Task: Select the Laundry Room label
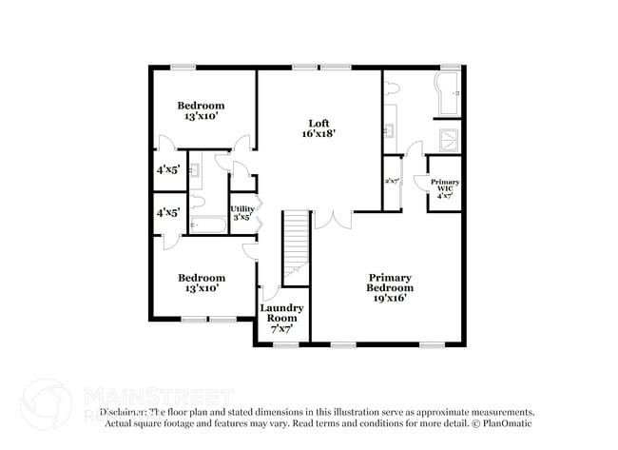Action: point(281,313)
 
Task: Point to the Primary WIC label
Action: point(445,186)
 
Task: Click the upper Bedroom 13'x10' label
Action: point(202,110)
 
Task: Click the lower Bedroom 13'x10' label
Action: point(202,283)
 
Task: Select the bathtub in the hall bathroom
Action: point(208,225)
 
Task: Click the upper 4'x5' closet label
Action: point(169,170)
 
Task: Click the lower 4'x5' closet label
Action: point(169,212)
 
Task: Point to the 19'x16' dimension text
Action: point(391,298)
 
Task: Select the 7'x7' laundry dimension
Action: point(281,329)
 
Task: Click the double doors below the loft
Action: point(332,220)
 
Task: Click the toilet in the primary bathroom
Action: point(393,88)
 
